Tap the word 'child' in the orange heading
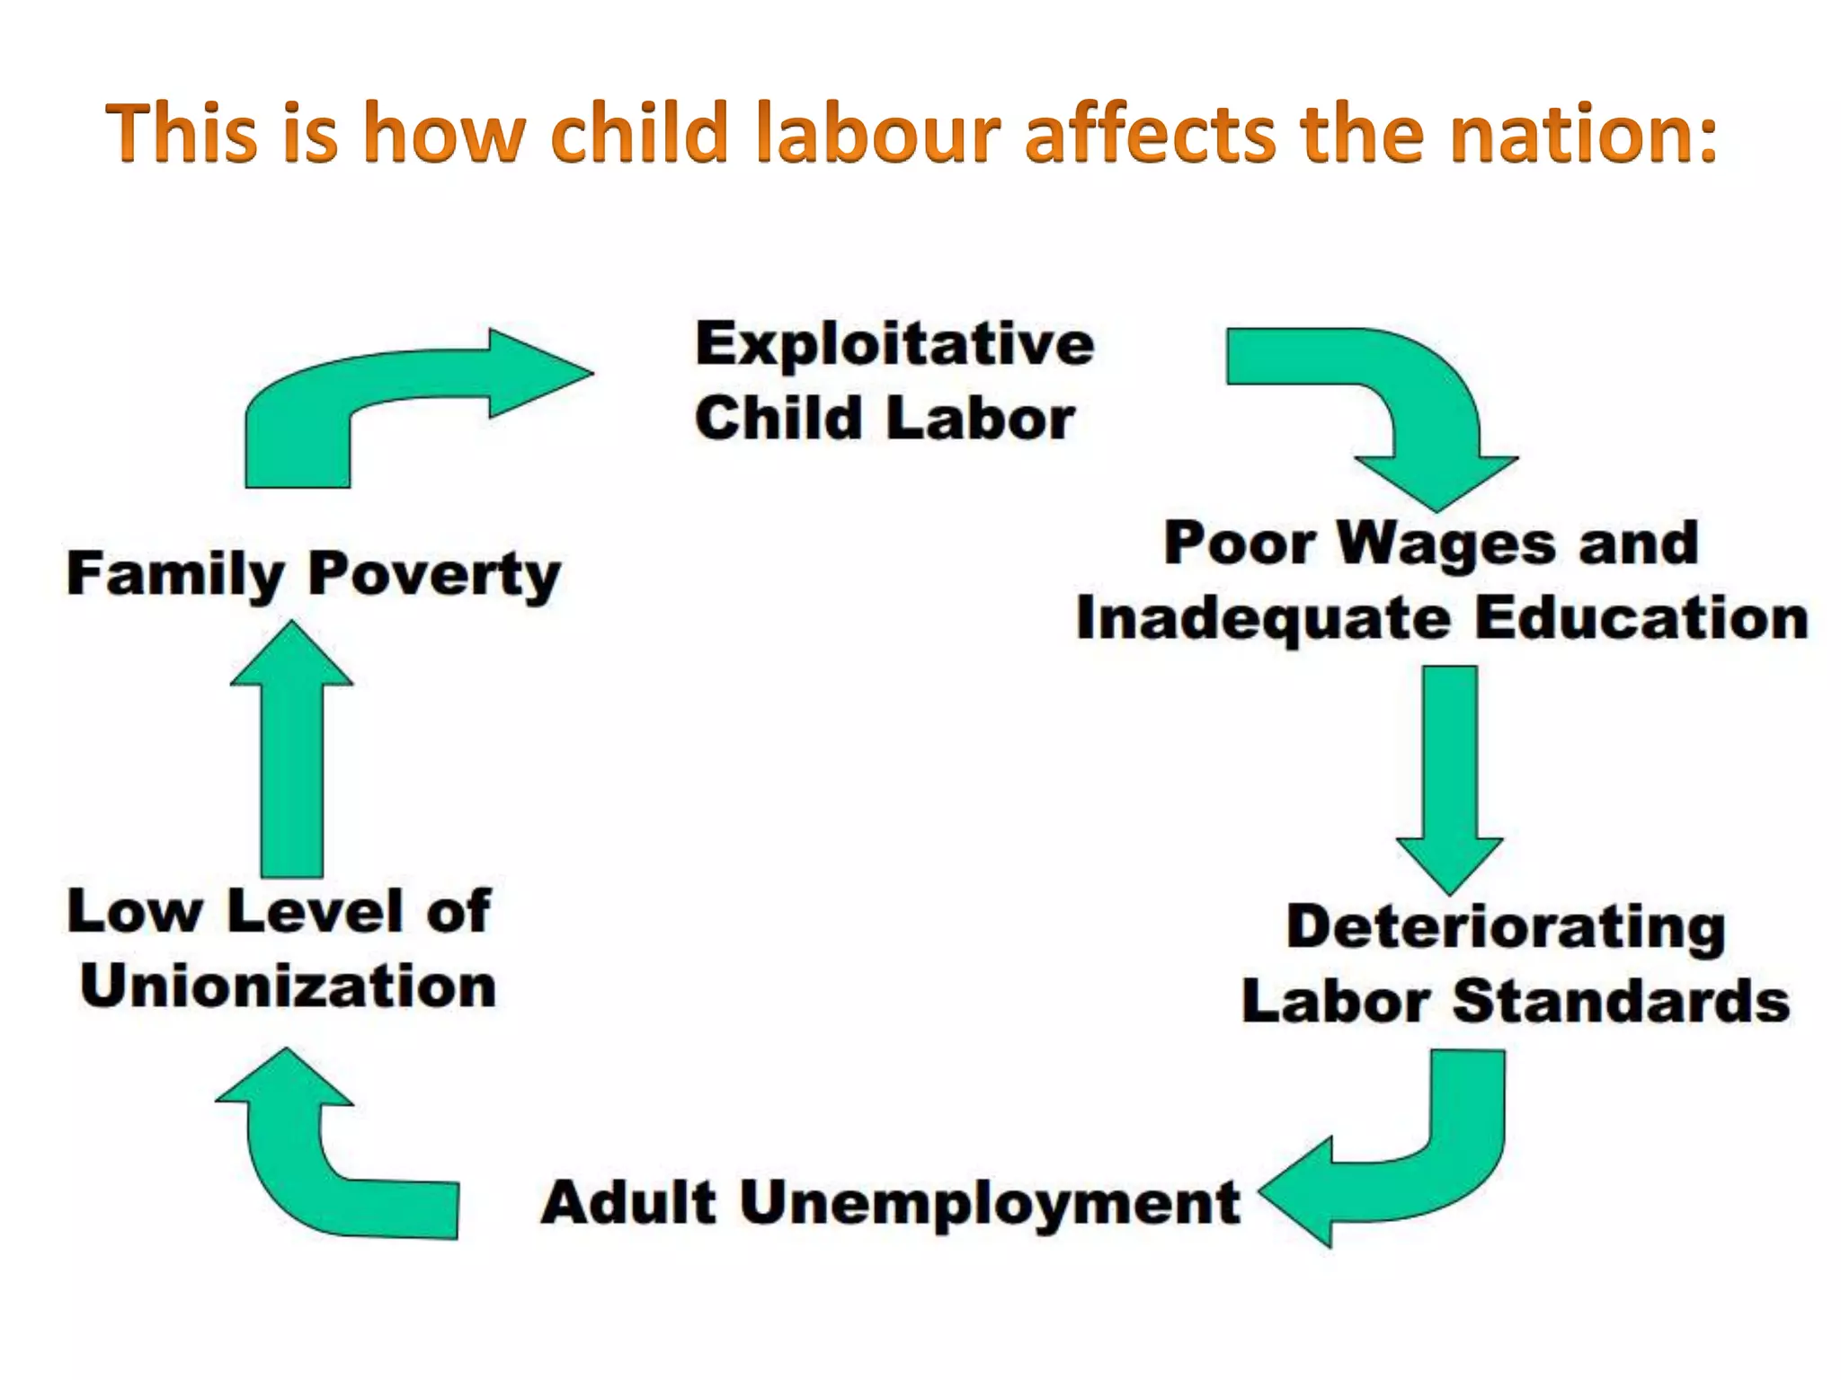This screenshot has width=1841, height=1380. pos(638,133)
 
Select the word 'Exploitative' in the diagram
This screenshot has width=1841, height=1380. pos(894,346)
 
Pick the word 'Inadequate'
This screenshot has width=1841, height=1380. pos(1263,620)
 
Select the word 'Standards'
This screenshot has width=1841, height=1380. pos(1621,1001)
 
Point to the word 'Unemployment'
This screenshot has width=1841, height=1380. pos(990,1204)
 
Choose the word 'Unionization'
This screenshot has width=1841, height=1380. pos(288,986)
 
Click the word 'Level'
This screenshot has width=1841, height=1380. pos(315,911)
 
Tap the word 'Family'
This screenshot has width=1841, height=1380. pos(175,575)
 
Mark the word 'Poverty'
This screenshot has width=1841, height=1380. pos(434,575)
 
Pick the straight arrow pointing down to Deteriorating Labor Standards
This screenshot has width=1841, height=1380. pos(1449,773)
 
